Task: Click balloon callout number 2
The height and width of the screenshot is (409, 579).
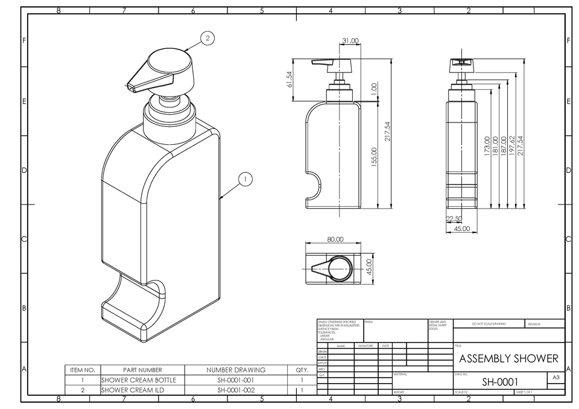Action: (x=207, y=38)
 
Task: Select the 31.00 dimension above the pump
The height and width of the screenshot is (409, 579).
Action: (x=350, y=41)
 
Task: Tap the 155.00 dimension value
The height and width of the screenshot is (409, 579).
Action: (x=374, y=158)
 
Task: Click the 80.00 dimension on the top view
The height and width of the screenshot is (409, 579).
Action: (x=335, y=239)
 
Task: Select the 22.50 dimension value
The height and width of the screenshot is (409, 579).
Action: (x=454, y=219)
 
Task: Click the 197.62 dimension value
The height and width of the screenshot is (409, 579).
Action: (x=512, y=147)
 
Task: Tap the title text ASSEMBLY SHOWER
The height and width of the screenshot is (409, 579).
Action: (x=508, y=358)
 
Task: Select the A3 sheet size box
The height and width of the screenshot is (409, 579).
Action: (x=555, y=377)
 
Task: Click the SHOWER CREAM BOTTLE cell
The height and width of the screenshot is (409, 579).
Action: (x=139, y=380)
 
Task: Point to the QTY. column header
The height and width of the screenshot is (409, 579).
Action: (x=302, y=370)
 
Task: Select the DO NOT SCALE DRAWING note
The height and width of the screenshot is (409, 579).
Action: (x=489, y=324)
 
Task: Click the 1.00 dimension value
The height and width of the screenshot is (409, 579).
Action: (x=374, y=90)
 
